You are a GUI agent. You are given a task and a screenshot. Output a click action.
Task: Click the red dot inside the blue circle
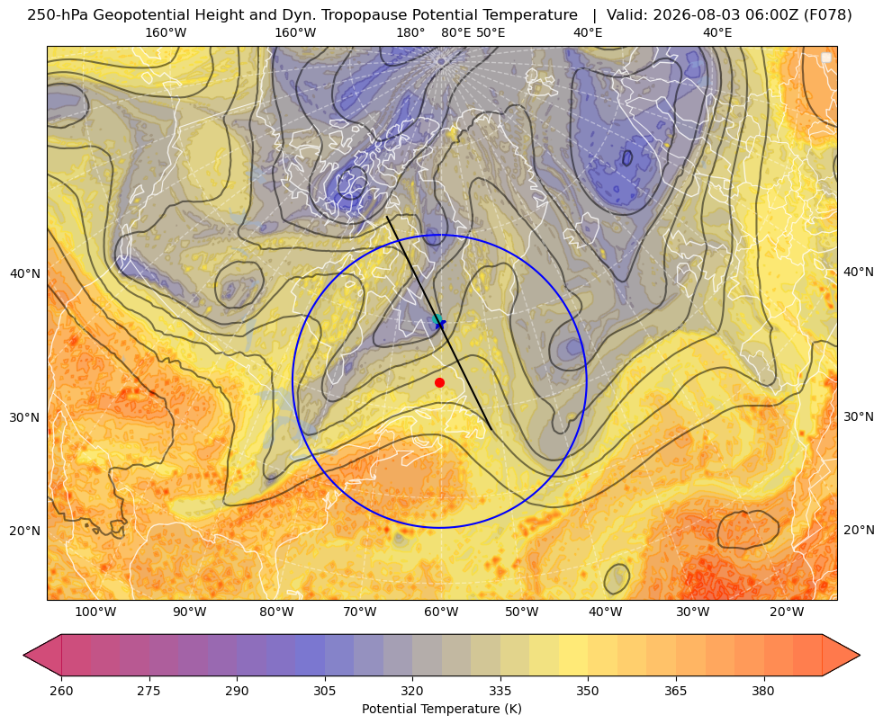[x=440, y=382]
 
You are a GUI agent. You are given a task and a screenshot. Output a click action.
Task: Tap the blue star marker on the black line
[x=440, y=324]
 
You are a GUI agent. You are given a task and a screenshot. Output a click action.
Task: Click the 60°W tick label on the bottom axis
[x=441, y=612]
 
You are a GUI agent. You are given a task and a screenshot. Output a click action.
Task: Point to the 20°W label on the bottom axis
[x=787, y=612]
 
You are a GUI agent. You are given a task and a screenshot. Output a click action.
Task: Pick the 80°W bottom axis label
[x=276, y=612]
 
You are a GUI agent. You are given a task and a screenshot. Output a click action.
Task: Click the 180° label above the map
[x=410, y=32]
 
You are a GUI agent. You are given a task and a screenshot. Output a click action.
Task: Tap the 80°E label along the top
[x=456, y=32]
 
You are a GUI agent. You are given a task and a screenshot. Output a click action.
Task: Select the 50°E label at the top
[x=491, y=32]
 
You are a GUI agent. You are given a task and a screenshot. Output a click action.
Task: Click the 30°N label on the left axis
[x=25, y=418]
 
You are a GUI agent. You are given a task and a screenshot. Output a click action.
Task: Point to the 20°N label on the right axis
[x=859, y=530]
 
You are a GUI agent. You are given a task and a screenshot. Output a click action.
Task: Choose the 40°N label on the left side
[x=25, y=274]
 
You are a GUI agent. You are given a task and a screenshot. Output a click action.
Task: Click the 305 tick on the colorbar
[x=324, y=690]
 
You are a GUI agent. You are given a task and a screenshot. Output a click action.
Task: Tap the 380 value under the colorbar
[x=763, y=690]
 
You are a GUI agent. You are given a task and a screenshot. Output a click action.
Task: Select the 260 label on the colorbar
[x=61, y=690]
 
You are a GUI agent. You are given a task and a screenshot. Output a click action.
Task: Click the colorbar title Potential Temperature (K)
[x=441, y=709]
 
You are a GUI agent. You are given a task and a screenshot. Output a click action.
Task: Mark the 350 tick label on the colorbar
[x=588, y=690]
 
